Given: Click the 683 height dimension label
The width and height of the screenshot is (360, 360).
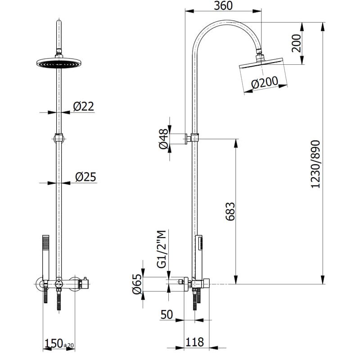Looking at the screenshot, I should tap(229, 211).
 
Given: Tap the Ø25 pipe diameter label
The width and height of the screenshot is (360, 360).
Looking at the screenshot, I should tap(85, 177).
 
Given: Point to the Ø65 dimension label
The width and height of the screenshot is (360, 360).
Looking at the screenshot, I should tap(137, 285).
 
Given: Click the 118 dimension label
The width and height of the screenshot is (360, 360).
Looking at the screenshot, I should tap(194, 342).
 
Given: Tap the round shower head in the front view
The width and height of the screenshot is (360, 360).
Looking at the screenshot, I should tap(58, 64).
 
